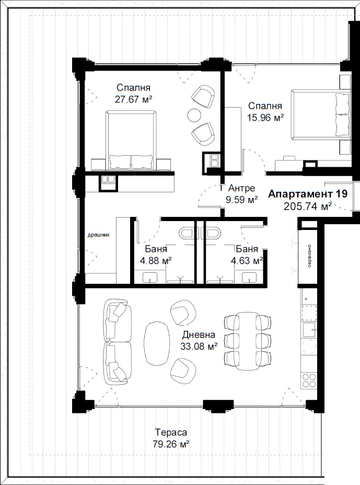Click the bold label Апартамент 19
(x=308, y=194)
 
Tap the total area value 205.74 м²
(x=308, y=206)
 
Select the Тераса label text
(x=171, y=432)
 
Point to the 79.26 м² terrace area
(x=171, y=444)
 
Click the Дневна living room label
(x=199, y=334)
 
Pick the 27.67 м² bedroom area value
(x=134, y=99)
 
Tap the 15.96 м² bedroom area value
(x=265, y=118)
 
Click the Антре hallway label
(x=241, y=188)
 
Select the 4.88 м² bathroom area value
(x=156, y=261)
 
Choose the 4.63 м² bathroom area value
(x=247, y=261)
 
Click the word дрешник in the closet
(x=98, y=235)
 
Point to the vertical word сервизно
(x=310, y=256)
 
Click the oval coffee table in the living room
(x=157, y=344)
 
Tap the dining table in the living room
(x=247, y=341)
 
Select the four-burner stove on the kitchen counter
(x=309, y=380)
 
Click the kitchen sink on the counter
(x=309, y=330)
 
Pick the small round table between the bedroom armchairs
(x=194, y=115)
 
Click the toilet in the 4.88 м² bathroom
(x=187, y=233)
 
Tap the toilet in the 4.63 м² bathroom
(x=212, y=233)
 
